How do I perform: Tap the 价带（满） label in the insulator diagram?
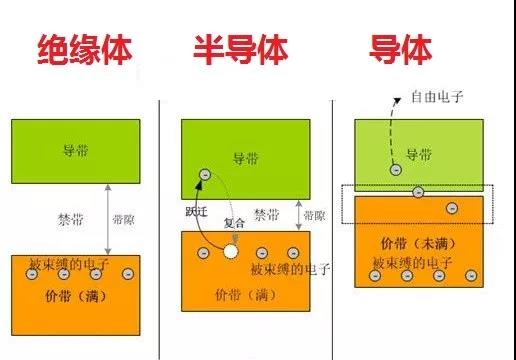tap(79, 297)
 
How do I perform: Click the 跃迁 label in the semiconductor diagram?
tap(197, 213)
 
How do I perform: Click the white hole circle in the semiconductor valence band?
tap(231, 252)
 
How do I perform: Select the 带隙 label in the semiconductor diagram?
tap(313, 216)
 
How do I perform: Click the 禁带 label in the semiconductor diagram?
tap(267, 213)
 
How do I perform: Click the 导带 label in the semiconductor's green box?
tap(245, 158)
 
